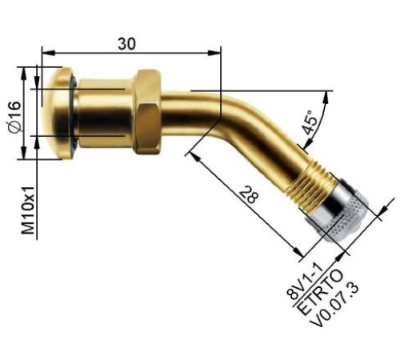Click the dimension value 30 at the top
click(126, 44)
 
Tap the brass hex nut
click(147, 111)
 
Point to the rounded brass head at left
click(58, 113)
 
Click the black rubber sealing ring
click(74, 113)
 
